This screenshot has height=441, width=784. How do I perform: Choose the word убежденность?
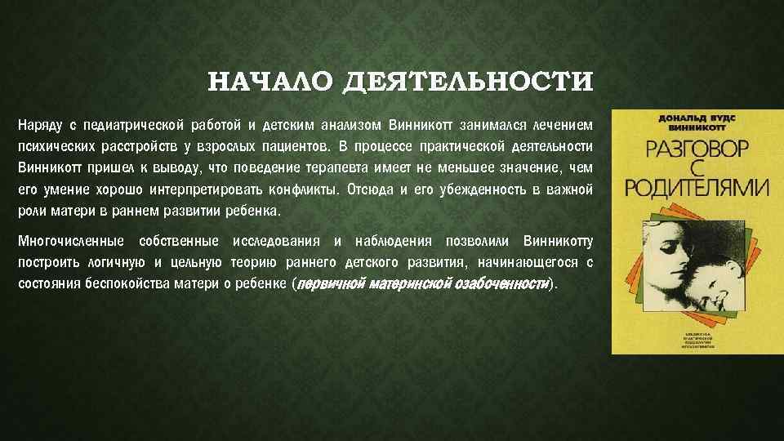tap(454, 189)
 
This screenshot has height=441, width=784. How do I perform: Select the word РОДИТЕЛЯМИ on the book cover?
tap(697, 186)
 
